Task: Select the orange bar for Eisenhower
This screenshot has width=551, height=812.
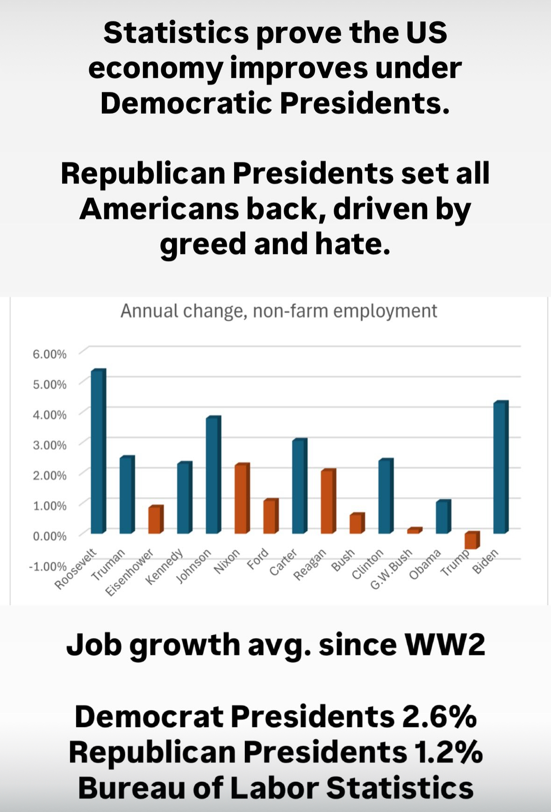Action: [x=156, y=519]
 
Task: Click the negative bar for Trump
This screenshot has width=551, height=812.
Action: [x=472, y=540]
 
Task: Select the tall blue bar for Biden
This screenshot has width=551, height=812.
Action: [x=501, y=467]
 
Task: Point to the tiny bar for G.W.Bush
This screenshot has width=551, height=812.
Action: [x=414, y=530]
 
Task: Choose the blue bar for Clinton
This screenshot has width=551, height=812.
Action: [x=386, y=496]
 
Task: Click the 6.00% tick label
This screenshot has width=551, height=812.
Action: [x=49, y=354]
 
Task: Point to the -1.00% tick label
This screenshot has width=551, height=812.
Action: [x=48, y=566]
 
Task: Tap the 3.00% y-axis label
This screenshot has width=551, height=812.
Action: [x=49, y=445]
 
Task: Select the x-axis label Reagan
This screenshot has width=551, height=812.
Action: [x=309, y=565]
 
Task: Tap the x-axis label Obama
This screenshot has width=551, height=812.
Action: [x=425, y=564]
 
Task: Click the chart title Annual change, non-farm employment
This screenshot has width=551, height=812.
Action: [x=279, y=311]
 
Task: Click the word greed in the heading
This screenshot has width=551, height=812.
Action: [x=203, y=244]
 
